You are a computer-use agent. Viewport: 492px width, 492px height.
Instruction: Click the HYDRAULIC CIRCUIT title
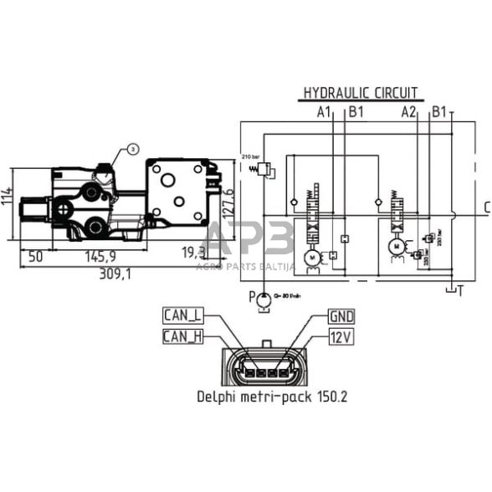[x=360, y=92]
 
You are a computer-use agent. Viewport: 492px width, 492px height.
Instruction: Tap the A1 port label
[x=325, y=111]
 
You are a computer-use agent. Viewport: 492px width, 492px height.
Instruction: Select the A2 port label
[x=409, y=111]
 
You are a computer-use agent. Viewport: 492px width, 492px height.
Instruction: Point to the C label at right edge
[x=486, y=208]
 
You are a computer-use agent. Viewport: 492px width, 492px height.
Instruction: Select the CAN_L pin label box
[x=183, y=315]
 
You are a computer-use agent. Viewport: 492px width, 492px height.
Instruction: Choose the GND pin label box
[x=341, y=316]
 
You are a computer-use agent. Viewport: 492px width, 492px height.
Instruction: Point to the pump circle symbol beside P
[x=264, y=297]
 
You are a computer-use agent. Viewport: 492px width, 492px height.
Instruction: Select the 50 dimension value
[x=35, y=256]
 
